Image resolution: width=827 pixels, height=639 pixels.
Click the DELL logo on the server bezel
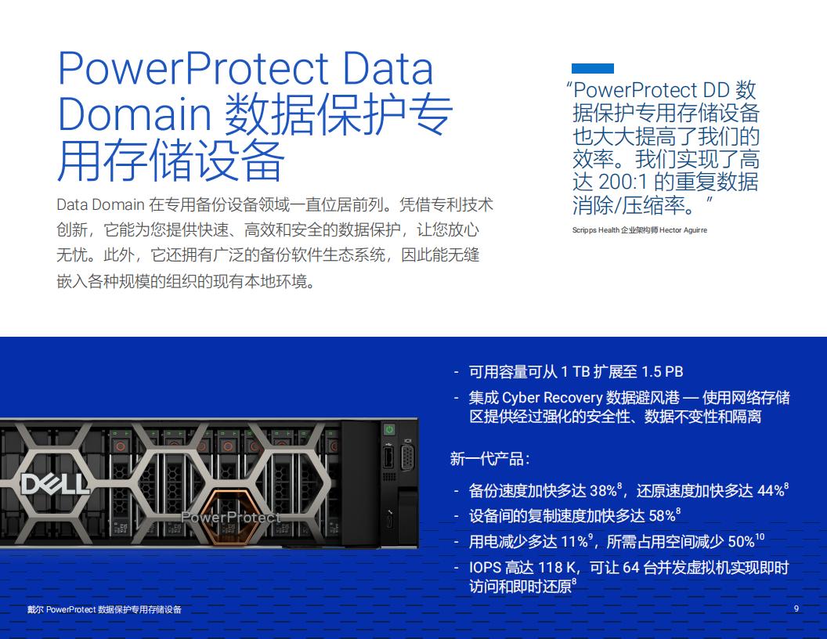coord(54,484)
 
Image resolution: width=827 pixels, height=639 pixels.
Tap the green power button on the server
coord(389,429)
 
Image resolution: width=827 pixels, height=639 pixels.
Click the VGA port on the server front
coord(407,457)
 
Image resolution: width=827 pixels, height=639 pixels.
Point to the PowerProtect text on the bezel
coord(230,518)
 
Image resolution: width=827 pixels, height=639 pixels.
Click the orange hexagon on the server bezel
coord(230,517)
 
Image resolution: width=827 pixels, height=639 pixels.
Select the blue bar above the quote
coord(593,69)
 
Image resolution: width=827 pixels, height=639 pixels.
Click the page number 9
coord(796,608)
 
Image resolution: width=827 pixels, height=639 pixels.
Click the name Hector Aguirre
coord(684,230)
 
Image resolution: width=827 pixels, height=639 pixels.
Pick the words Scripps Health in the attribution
coord(596,230)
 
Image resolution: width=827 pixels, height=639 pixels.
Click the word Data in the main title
coord(388,68)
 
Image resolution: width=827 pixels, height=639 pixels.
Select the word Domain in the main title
coord(135,114)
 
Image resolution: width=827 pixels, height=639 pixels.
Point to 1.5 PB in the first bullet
coord(662,372)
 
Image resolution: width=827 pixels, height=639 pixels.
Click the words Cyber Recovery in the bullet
coord(552,398)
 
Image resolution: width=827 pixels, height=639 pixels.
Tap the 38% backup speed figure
coord(604,491)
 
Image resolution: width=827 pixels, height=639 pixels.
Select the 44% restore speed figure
coord(771,491)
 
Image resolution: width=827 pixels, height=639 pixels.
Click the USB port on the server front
coord(388,457)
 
